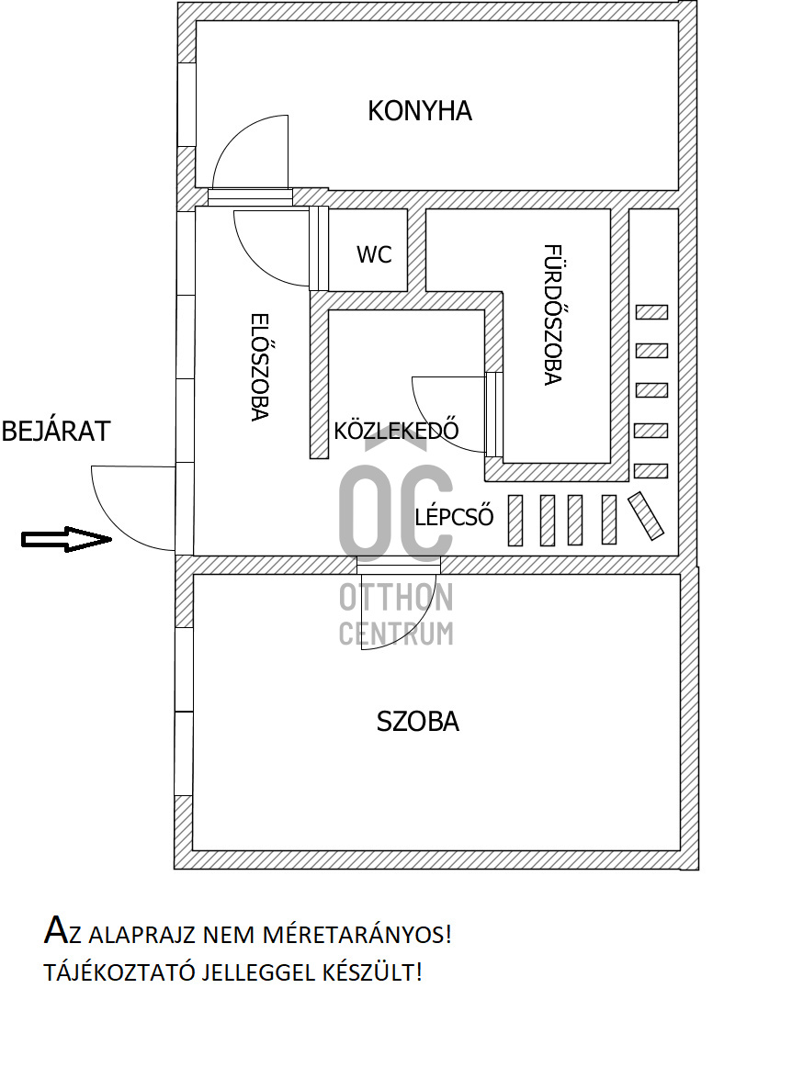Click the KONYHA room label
coord(419,111)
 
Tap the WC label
coord(374,254)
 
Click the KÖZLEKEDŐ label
coord(396,431)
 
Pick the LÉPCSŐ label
coord(454,517)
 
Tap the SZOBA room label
coord(418,722)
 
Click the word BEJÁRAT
coord(55,432)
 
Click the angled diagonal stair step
coord(645,516)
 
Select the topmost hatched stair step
coord(651,312)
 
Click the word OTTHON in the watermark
coord(396,598)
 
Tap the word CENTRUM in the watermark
coord(396,633)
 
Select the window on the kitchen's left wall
coord(187,104)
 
